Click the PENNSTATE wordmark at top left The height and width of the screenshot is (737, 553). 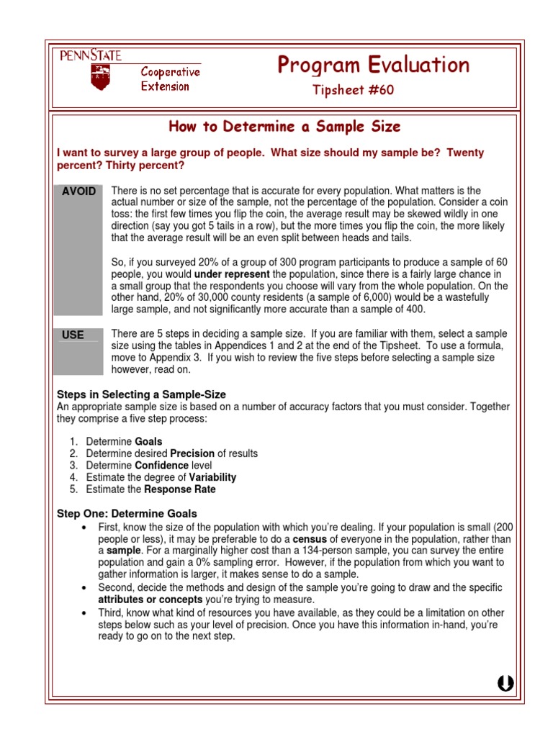[x=90, y=55]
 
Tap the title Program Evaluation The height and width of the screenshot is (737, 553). [x=373, y=65]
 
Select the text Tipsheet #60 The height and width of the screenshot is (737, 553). [x=353, y=90]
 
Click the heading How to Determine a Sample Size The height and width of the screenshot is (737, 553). [x=284, y=127]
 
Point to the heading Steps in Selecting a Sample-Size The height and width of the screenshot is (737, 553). [x=141, y=394]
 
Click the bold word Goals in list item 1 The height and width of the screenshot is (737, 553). [x=149, y=441]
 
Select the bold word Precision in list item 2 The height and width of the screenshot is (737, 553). [x=192, y=453]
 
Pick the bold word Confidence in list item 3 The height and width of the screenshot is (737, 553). [x=161, y=466]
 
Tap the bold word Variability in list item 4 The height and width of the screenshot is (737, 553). [x=212, y=477]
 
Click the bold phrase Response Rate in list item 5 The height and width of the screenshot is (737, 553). [x=180, y=489]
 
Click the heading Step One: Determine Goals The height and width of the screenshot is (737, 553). [x=127, y=513]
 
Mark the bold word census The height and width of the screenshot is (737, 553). [x=309, y=538]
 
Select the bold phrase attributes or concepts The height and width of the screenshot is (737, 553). [x=150, y=600]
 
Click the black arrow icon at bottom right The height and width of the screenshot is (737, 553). [x=505, y=684]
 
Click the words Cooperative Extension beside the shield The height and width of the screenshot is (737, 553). [x=170, y=79]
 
